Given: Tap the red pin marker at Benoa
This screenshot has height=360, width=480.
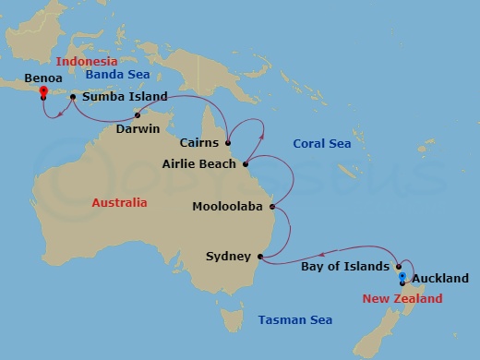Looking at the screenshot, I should [x=43, y=91].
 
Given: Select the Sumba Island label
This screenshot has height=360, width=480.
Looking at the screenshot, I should [x=125, y=96].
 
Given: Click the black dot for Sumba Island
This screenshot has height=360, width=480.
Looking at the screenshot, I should [x=73, y=96].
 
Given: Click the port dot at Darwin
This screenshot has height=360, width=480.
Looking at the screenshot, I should [x=138, y=115].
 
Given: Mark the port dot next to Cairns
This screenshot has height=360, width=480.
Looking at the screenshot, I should [x=227, y=143].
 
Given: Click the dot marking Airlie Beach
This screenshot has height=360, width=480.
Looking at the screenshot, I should [x=246, y=165].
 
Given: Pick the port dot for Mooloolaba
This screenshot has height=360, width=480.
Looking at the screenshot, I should [x=271, y=207].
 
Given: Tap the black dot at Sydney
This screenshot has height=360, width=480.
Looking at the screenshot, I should [x=260, y=256].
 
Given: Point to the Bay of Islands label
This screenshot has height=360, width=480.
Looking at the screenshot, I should [x=345, y=267].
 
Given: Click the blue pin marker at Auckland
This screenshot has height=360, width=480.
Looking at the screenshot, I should [x=402, y=276].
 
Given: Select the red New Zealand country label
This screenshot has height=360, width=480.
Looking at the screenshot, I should [x=402, y=298].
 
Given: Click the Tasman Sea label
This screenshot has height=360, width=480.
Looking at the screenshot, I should [x=294, y=320].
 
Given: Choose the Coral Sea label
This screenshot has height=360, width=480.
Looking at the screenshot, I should [x=320, y=143].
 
